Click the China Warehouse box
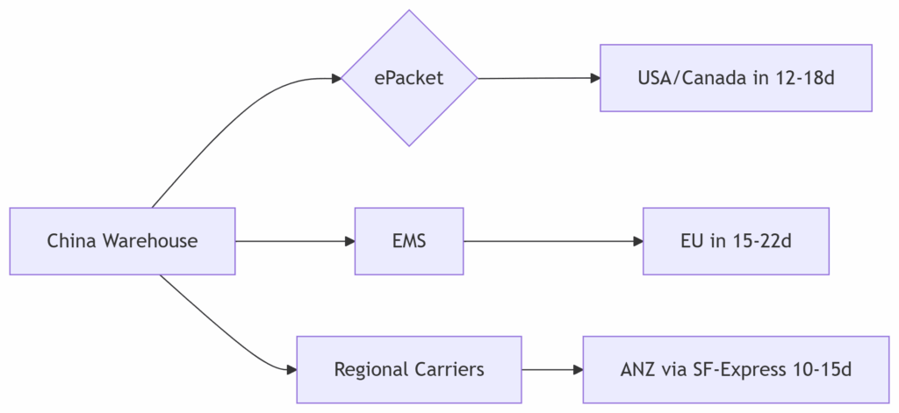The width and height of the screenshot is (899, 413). (x=122, y=241)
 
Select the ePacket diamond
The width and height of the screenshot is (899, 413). (x=409, y=78)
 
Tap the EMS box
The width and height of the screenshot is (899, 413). (x=409, y=241)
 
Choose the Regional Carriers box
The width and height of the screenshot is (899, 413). (x=409, y=369)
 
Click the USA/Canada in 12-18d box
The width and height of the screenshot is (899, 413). (x=736, y=78)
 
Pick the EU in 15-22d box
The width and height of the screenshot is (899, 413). (x=736, y=241)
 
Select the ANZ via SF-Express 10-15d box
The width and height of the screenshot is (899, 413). (x=736, y=369)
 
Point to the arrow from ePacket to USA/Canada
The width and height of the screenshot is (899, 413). (x=538, y=78)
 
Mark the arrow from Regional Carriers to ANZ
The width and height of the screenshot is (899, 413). (x=552, y=369)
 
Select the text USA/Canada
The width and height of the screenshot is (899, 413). (x=693, y=78)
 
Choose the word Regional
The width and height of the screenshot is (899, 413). (x=372, y=369)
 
